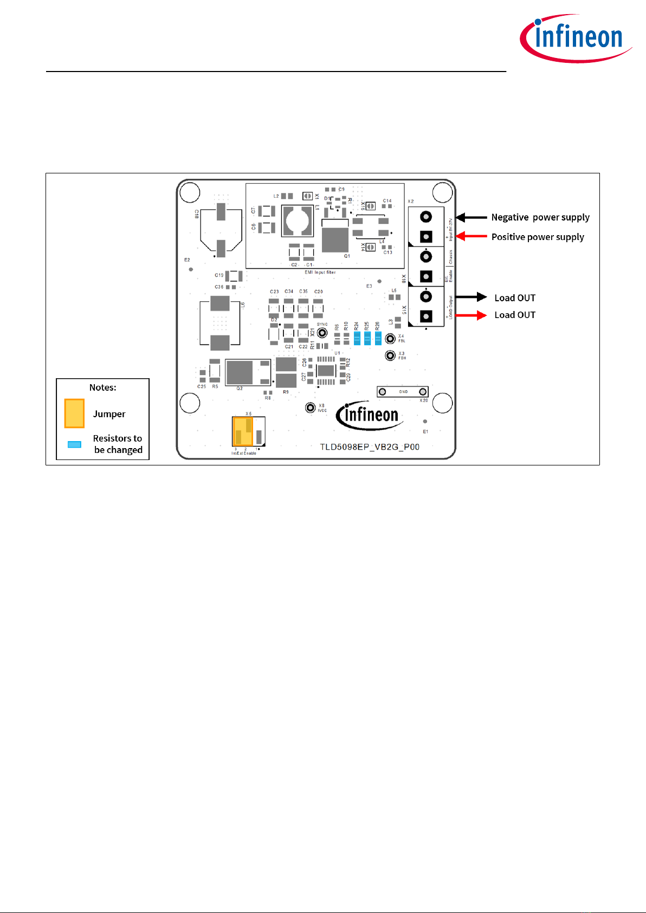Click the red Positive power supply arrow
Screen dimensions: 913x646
tap(471, 236)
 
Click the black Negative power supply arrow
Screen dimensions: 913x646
tap(471, 217)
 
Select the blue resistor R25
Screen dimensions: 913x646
tap(367, 339)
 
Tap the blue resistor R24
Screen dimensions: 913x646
tap(357, 339)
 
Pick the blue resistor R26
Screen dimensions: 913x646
tap(378, 339)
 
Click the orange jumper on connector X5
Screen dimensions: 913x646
tap(242, 431)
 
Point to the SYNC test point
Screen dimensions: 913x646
tap(322, 332)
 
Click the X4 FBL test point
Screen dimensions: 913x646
tap(390, 339)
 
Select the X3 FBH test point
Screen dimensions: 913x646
tap(390, 355)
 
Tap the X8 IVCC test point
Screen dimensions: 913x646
tap(310, 407)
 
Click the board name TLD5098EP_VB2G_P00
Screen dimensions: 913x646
tap(370, 447)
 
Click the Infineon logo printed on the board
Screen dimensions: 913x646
tap(369, 416)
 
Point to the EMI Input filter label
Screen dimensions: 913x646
tap(320, 273)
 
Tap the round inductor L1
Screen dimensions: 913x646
tap(298, 221)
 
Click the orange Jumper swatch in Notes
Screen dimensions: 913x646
tap(74, 413)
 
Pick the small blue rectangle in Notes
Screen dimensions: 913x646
tap(74, 444)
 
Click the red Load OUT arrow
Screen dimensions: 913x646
tap(471, 315)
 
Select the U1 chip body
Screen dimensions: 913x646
tap(326, 371)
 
